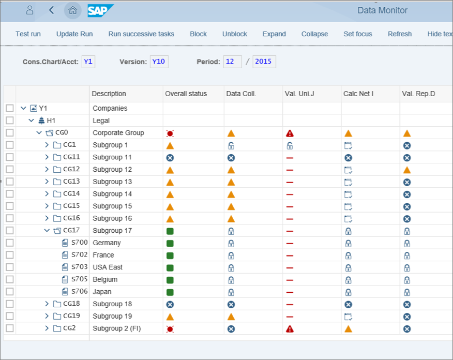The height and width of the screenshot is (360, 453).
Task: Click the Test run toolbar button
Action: pos(28,34)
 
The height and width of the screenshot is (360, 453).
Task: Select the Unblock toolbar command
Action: pos(235,34)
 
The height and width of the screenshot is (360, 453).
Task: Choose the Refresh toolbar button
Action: pos(400,34)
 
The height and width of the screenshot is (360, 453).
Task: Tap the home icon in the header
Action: pos(73,10)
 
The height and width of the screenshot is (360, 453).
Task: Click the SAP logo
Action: pos(100,10)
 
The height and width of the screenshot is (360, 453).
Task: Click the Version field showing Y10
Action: pos(159,62)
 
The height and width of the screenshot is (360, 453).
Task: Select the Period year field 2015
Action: pos(264,62)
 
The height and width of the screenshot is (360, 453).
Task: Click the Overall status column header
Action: pos(186,94)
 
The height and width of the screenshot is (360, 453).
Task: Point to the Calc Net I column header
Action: pos(358,94)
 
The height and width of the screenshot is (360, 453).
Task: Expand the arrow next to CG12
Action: pos(47,170)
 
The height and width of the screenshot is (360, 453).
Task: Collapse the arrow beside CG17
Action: pos(47,231)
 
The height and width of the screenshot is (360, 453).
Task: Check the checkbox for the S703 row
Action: pos(10,267)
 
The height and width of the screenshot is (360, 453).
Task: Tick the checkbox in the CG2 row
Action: pos(10,328)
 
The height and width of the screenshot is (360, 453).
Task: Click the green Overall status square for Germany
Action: pos(170,243)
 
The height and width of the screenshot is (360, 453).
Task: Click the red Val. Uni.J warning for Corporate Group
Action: pos(290,133)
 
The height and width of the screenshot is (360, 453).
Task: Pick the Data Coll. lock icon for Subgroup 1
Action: pos(231,146)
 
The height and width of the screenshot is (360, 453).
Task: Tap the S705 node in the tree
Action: pos(80,279)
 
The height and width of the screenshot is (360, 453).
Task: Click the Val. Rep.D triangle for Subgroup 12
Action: pos(407,170)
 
